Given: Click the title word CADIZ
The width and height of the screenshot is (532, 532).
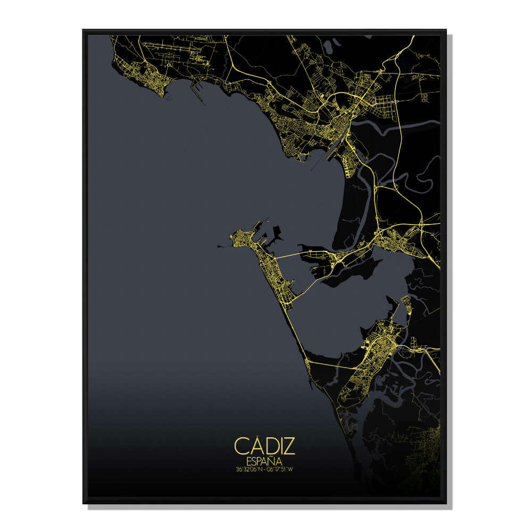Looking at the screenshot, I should tap(264, 446).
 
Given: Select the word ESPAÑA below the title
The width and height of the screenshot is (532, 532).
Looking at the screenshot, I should tap(264, 461).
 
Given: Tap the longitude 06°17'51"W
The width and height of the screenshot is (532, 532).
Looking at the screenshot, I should tap(281, 469).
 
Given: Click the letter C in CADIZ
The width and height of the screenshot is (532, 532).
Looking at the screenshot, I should tap(240, 446).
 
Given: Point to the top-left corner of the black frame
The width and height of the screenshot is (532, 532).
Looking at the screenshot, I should tap(84, 31).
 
